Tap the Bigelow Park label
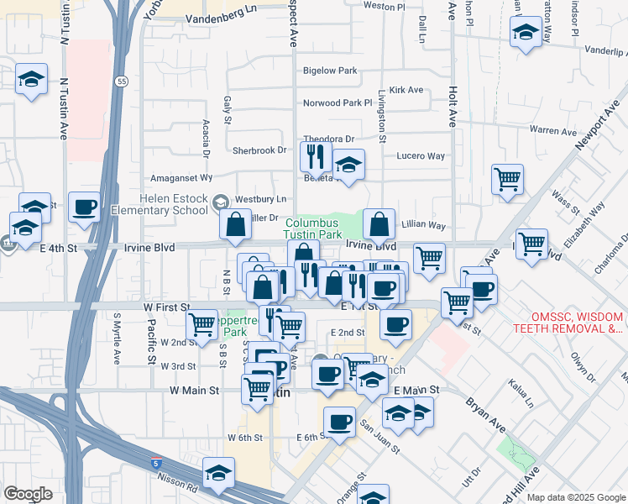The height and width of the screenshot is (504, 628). (330, 71)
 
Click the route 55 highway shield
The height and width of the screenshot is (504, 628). (123, 81)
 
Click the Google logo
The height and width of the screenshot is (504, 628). (28, 494)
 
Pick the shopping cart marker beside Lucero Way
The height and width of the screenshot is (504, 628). (507, 180)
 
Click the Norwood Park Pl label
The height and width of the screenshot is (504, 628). (338, 103)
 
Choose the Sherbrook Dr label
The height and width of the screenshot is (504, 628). (259, 150)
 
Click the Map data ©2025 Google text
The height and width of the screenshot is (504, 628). (575, 497)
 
